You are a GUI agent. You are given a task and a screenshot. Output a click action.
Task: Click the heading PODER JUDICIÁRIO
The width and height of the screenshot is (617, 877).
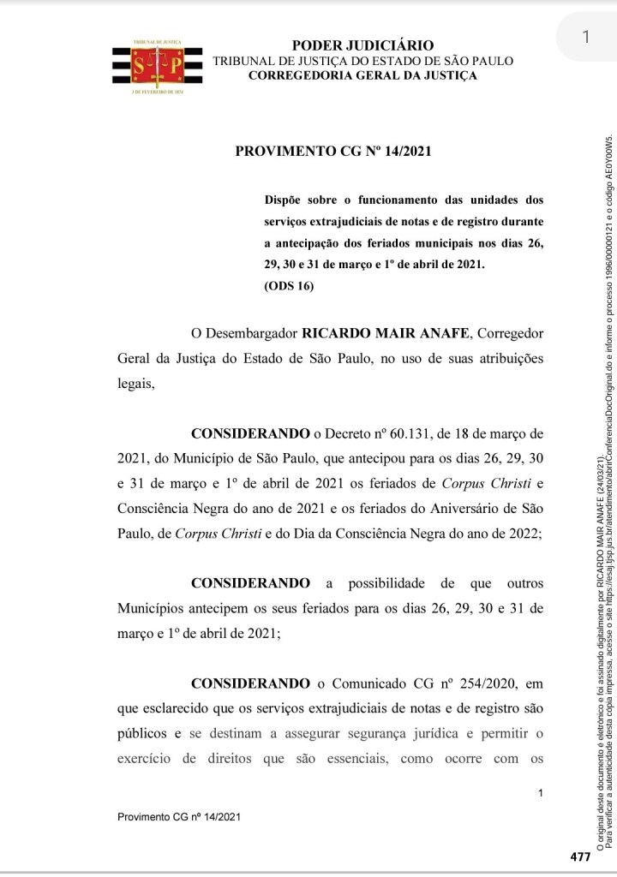point(362,45)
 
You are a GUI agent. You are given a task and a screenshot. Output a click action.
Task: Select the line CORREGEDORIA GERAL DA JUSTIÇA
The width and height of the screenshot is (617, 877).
point(362,76)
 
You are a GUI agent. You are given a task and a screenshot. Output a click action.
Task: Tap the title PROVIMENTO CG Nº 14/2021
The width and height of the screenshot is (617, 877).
point(332,152)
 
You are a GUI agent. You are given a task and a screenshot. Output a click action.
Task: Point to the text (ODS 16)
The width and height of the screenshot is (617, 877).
point(290,286)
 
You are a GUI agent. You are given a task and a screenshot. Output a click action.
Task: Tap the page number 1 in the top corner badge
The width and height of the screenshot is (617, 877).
point(584,37)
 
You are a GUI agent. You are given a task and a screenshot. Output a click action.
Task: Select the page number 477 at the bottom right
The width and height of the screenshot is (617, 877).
point(580,856)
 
